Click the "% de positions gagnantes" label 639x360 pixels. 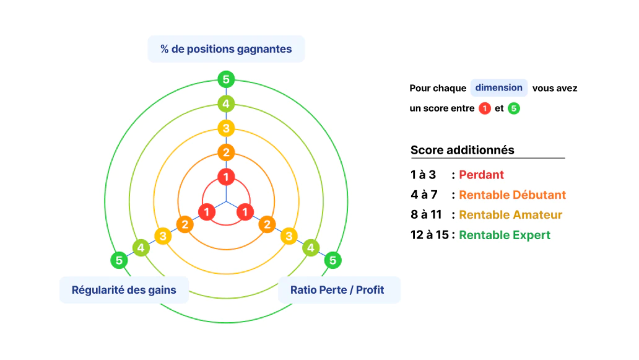(x=226, y=49)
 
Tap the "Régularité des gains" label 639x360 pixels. (x=124, y=290)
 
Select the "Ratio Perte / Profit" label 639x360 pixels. (x=337, y=290)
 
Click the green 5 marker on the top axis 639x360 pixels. (x=226, y=79)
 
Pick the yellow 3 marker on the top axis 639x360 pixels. (x=226, y=128)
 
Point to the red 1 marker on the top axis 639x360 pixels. (x=226, y=177)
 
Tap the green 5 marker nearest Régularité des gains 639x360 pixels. (x=119, y=260)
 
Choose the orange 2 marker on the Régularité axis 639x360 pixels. (x=185, y=224)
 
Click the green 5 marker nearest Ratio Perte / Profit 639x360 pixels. (x=333, y=260)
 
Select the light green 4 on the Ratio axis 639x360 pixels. (x=311, y=248)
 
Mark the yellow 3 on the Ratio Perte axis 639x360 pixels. (x=289, y=236)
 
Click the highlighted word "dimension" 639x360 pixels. (x=499, y=87)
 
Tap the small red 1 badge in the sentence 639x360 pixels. (x=485, y=108)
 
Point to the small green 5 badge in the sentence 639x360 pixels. (x=514, y=108)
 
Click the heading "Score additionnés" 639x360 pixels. (x=463, y=150)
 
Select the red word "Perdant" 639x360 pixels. (x=481, y=175)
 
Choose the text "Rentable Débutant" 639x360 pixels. (x=512, y=195)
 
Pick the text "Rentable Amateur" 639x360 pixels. (x=511, y=215)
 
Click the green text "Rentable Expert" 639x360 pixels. (x=505, y=235)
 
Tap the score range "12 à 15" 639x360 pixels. (x=430, y=235)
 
